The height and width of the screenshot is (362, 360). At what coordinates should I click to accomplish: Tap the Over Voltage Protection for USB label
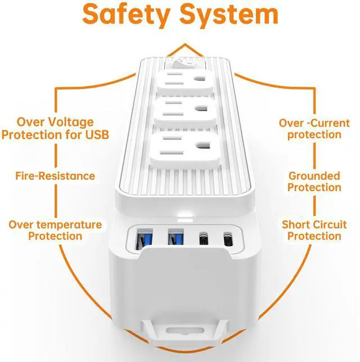click(55, 128)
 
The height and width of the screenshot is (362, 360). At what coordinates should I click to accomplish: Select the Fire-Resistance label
click(55, 176)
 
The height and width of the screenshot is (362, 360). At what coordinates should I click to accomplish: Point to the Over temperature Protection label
click(55, 230)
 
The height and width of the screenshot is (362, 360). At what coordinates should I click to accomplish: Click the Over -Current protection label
click(314, 128)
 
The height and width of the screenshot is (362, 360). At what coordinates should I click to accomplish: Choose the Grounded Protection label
click(314, 181)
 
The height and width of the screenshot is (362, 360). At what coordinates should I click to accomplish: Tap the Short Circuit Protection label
click(314, 230)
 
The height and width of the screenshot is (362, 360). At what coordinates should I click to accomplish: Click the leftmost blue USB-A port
click(139, 238)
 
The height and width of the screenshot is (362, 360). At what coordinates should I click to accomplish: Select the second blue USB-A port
click(172, 238)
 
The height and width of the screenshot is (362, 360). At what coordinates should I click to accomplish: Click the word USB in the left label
click(95, 135)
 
